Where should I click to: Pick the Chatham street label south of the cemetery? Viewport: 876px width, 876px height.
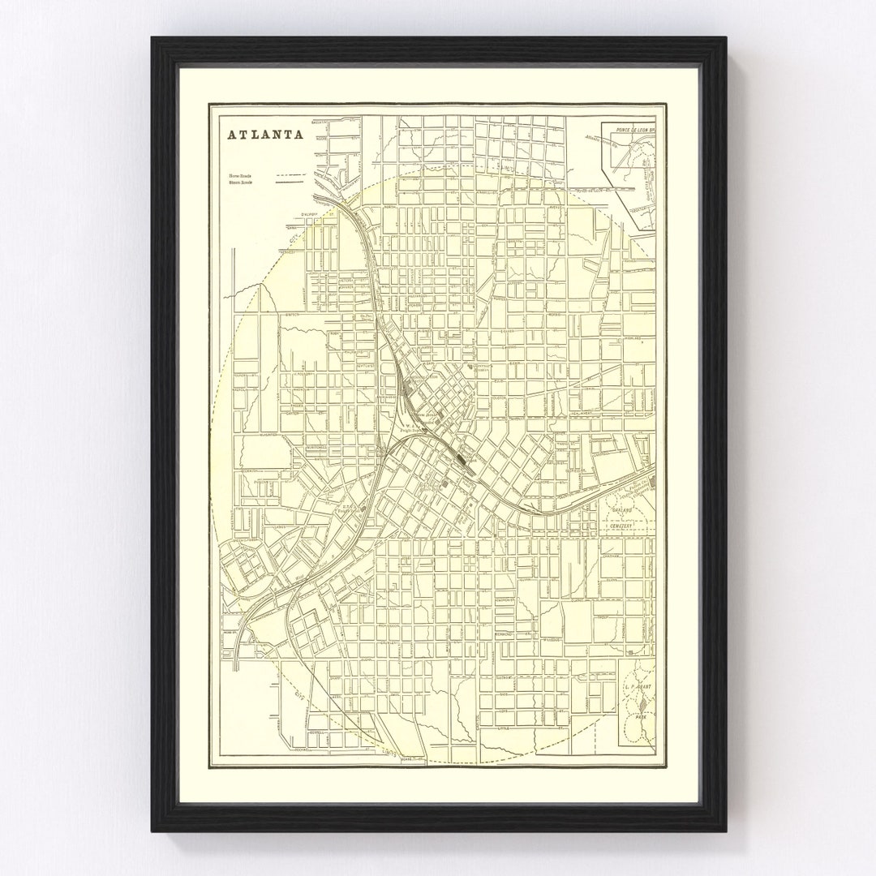click(x=610, y=556)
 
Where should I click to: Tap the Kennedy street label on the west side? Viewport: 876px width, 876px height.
click(x=290, y=251)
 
